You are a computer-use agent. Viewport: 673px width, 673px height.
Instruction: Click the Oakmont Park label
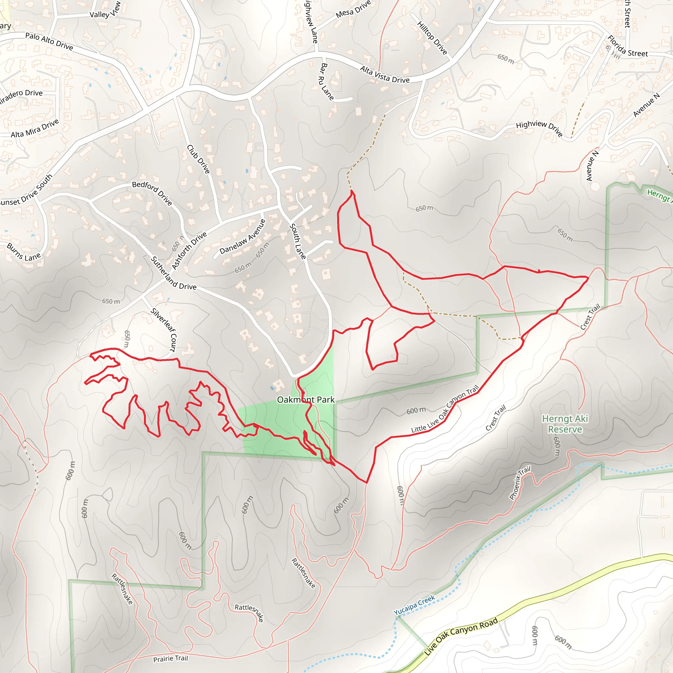pos(306,400)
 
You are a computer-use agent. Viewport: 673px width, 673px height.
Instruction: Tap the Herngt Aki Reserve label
pos(565,424)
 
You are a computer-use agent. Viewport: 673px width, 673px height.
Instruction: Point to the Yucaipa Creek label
pos(414,605)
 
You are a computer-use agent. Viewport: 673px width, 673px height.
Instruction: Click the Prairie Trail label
pos(170,658)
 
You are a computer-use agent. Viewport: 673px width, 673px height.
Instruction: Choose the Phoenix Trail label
pos(520,482)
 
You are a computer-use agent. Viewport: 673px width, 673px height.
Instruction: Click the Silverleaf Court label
pos(164,330)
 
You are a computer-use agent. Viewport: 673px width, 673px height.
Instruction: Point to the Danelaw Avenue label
pos(243,237)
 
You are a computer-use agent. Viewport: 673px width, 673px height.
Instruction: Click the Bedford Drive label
pos(152,193)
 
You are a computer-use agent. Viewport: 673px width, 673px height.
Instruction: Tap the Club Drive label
pos(198,159)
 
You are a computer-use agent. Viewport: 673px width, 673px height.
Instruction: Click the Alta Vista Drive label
pos(384,75)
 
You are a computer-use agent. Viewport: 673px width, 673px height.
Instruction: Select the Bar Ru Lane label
pos(326,81)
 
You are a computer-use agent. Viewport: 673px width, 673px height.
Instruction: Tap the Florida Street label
pos(627,46)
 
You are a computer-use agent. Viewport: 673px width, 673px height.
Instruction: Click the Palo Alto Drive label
pos(49,41)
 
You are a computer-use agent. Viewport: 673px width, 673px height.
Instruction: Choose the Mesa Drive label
pos(353,10)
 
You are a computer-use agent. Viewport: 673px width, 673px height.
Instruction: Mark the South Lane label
pos(297,242)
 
